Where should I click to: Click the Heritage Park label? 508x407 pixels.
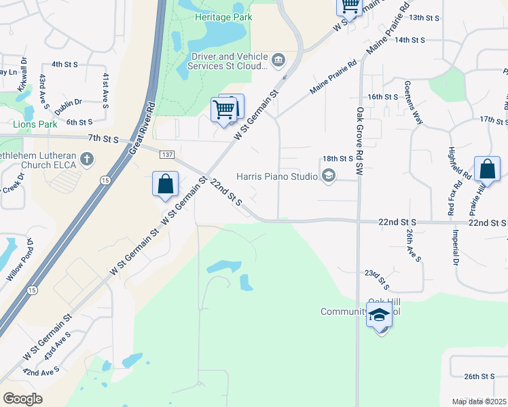point(214,17)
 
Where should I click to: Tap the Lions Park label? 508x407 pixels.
point(35,124)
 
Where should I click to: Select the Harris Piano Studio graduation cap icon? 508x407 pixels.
point(329,177)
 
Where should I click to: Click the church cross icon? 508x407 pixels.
point(86,159)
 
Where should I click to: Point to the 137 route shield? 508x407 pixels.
point(167,155)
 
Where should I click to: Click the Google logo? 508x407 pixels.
point(22,399)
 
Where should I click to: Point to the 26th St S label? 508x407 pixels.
point(479,376)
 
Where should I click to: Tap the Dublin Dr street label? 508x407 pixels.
point(69,102)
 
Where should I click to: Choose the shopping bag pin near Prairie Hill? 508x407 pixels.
point(488,170)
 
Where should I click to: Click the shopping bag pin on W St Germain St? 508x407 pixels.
point(165,185)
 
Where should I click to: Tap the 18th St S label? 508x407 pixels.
point(338,158)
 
